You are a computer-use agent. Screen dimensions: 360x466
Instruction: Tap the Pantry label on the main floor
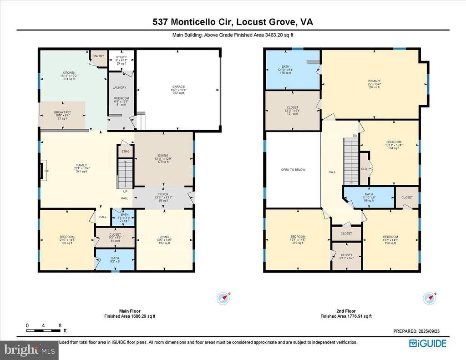coord(98,56)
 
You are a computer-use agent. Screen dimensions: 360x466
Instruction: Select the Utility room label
coord(121,58)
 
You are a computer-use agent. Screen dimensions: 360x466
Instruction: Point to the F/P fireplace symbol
coord(41,172)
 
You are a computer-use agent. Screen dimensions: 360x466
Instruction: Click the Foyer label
coord(163,194)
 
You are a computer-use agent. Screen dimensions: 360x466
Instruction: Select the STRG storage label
coord(125,152)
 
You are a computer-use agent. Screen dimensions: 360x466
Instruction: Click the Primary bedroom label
coord(374,82)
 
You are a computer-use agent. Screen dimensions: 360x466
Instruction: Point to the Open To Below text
coord(294,170)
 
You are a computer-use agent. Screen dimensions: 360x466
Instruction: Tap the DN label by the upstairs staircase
coord(355,136)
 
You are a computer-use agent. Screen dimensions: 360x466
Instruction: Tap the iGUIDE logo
coord(427,344)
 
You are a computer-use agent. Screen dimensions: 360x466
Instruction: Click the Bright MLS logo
coord(29,350)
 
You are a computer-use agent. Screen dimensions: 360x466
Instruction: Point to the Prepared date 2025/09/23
coord(420,332)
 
